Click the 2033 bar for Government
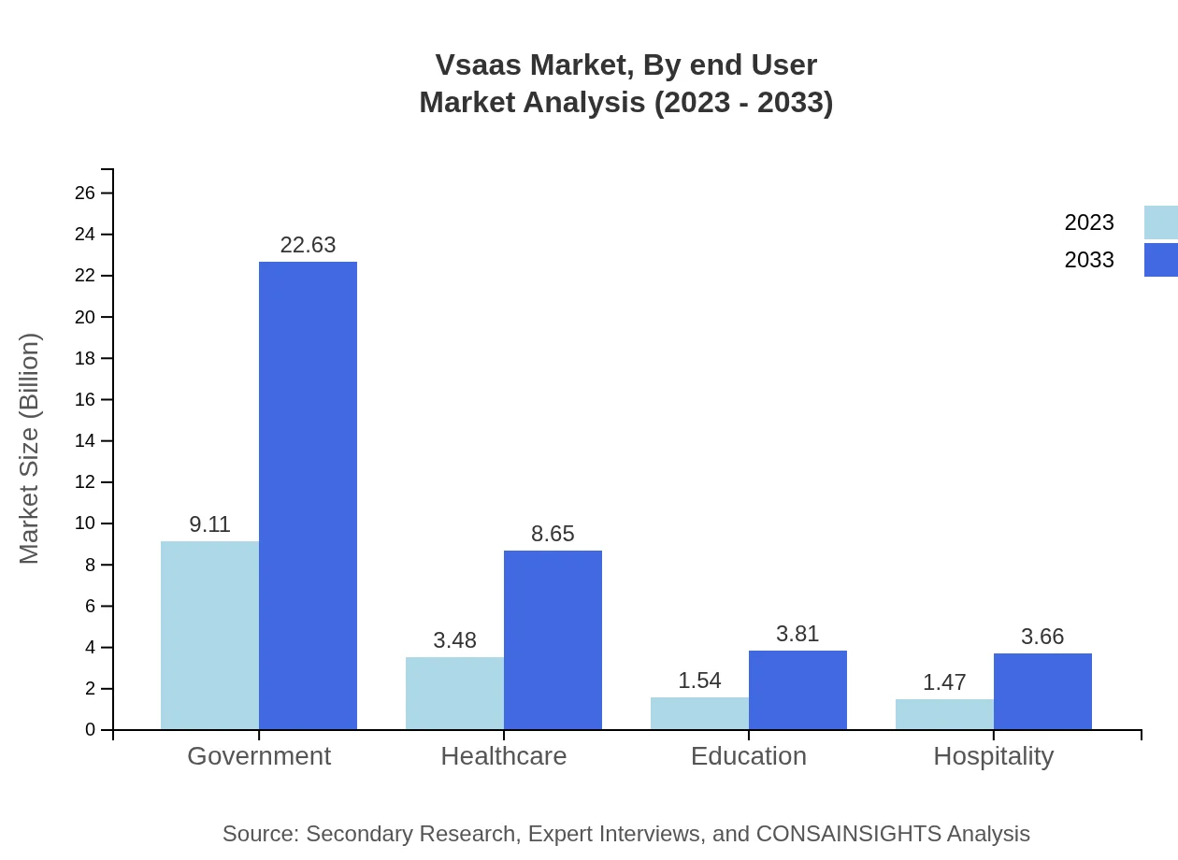(x=308, y=495)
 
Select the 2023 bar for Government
(x=209, y=635)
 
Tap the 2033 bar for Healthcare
(x=553, y=639)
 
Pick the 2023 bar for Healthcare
(x=454, y=693)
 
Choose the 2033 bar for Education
(x=797, y=690)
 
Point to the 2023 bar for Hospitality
(x=944, y=714)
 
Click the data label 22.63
(x=308, y=245)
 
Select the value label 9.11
(x=209, y=524)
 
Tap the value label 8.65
(x=553, y=534)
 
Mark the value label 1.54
(x=699, y=681)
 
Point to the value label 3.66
(x=1042, y=637)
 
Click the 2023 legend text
(x=1089, y=222)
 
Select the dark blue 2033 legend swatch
(x=1161, y=260)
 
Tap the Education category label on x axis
(x=748, y=755)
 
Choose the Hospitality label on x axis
(x=993, y=755)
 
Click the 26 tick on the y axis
(x=85, y=193)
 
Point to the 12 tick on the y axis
(x=85, y=482)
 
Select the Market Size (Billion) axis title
(x=30, y=449)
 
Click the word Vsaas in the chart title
(x=478, y=64)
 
